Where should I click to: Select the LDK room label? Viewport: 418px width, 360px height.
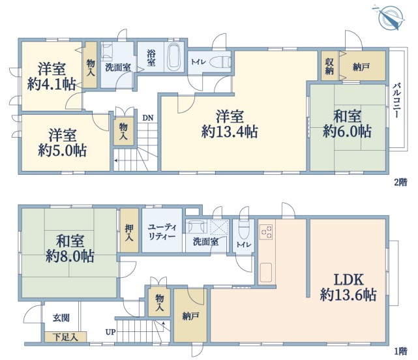(349, 280)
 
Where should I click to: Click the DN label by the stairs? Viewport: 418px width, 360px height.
(147, 118)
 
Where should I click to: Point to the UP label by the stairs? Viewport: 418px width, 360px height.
(110, 332)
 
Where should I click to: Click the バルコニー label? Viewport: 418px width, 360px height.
(397, 100)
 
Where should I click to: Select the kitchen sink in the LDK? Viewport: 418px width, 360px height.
(266, 273)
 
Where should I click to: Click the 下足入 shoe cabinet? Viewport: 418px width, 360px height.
(65, 337)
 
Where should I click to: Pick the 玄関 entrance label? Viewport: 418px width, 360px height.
(61, 318)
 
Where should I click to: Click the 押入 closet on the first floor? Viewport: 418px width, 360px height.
(129, 230)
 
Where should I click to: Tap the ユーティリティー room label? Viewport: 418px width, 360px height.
(162, 232)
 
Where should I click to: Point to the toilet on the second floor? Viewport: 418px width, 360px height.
(220, 63)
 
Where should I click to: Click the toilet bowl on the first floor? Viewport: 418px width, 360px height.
(243, 230)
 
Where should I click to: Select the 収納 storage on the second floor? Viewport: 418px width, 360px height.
(330, 66)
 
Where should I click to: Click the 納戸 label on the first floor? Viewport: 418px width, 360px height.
(190, 316)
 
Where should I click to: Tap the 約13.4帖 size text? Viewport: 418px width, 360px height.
(230, 132)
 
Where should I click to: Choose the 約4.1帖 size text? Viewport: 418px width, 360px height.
(52, 84)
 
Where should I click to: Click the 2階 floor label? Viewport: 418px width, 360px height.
(400, 182)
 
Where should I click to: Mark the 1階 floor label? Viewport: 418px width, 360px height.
(400, 351)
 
